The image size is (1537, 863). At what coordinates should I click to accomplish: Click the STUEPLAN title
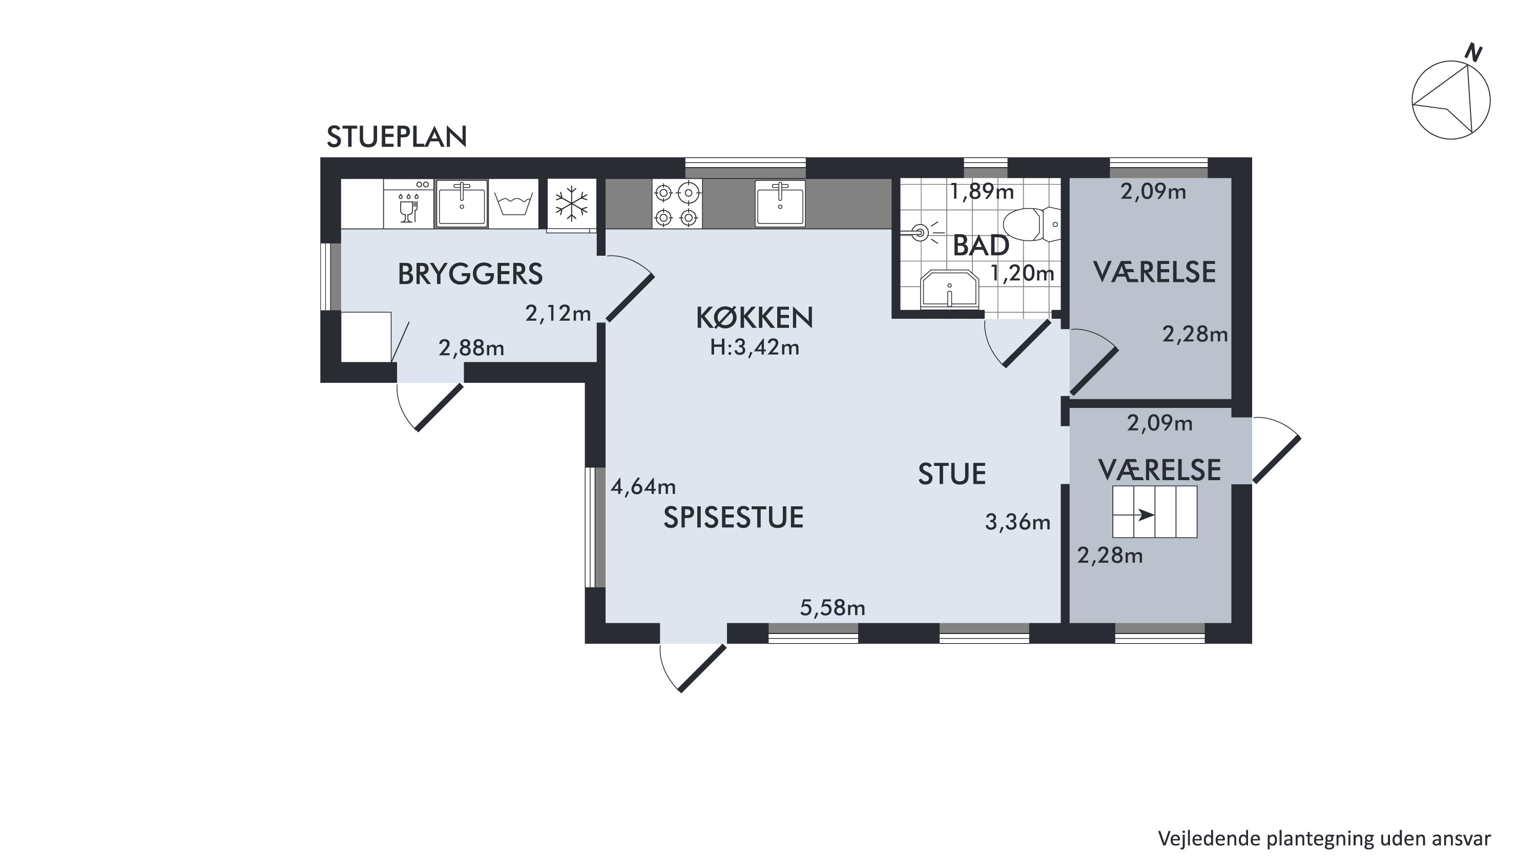pyautogui.click(x=397, y=137)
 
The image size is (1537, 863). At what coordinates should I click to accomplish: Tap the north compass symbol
pyautogui.click(x=1450, y=98)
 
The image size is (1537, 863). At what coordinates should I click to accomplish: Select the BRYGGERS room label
pyautogui.click(x=470, y=274)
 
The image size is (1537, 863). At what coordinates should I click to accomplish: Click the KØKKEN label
pyautogui.click(x=755, y=318)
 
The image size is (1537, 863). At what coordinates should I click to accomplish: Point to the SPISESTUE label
pyautogui.click(x=733, y=518)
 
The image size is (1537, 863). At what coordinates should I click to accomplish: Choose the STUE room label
pyautogui.click(x=952, y=475)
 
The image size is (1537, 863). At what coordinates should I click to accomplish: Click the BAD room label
pyautogui.click(x=981, y=246)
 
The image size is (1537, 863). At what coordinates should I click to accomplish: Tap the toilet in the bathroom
pyautogui.click(x=1031, y=224)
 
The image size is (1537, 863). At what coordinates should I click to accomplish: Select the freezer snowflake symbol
pyautogui.click(x=572, y=203)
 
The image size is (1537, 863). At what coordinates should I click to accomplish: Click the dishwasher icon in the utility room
pyautogui.click(x=408, y=203)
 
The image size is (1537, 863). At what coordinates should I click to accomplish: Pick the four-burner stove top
pyautogui.click(x=677, y=203)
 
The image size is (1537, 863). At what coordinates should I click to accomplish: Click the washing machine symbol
pyautogui.click(x=513, y=203)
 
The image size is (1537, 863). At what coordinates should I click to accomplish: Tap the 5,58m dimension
pyautogui.click(x=833, y=608)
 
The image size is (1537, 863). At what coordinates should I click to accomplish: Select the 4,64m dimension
pyautogui.click(x=643, y=487)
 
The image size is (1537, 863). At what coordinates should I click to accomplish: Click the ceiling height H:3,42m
pyautogui.click(x=755, y=347)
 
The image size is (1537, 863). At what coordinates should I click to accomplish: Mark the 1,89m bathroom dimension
pyautogui.click(x=982, y=192)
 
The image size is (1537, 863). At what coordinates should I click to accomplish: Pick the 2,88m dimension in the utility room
pyautogui.click(x=471, y=348)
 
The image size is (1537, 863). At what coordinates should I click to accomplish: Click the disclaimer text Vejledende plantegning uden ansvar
pyautogui.click(x=1324, y=838)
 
